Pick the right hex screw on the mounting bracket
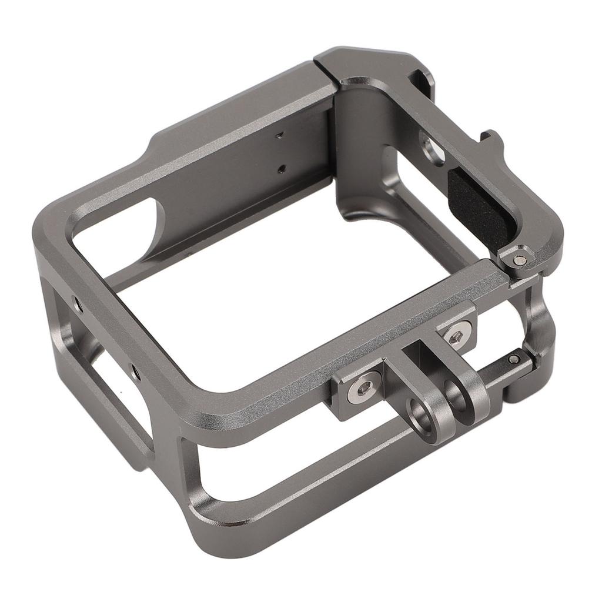tap(456, 337)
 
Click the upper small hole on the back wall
tap(280, 135)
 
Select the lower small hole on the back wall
tap(282, 169)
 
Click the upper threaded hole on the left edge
tap(77, 303)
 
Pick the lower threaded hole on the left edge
tap(134, 372)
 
